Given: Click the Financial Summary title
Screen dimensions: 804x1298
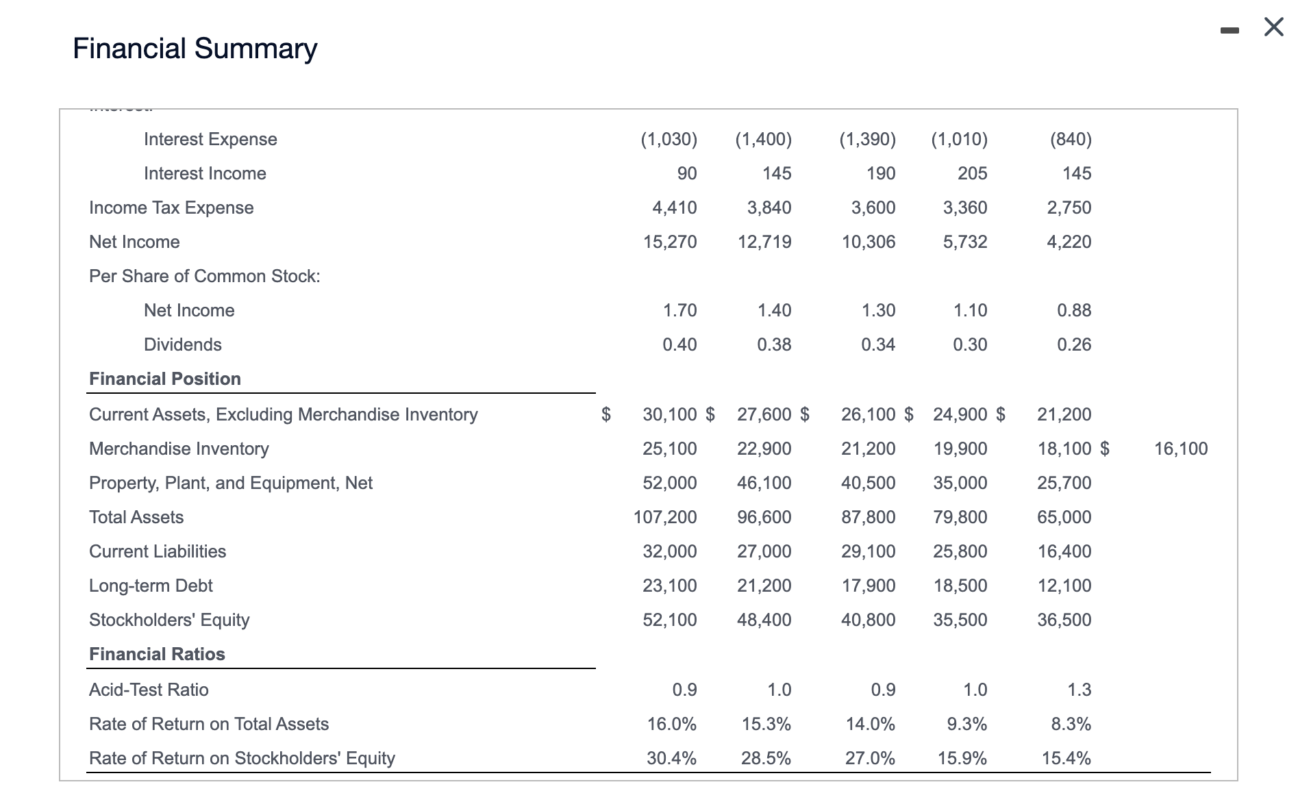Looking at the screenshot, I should pyautogui.click(x=195, y=49).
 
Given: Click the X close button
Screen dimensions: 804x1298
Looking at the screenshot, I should pyautogui.click(x=1273, y=27).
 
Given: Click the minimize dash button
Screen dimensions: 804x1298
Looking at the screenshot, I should pyautogui.click(x=1230, y=30).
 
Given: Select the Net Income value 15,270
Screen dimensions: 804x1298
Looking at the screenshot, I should pyautogui.click(x=669, y=242).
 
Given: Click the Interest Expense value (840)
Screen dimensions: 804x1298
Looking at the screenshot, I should pyautogui.click(x=1070, y=139).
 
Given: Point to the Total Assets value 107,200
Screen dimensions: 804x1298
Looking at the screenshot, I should pyautogui.click(x=664, y=517).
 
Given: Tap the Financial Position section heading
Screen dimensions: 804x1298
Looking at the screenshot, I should pyautogui.click(x=165, y=379).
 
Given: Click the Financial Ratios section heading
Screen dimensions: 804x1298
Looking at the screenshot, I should pyautogui.click(x=157, y=654).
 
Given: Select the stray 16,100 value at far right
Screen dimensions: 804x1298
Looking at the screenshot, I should pyautogui.click(x=1180, y=449).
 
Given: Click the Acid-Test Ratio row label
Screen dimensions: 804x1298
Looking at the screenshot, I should pyautogui.click(x=149, y=690).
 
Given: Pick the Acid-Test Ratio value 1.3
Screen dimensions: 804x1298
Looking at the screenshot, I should pyautogui.click(x=1079, y=690).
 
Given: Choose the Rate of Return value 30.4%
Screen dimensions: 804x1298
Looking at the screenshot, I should pyautogui.click(x=671, y=758).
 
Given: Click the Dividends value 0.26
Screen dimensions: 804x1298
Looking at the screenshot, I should pyautogui.click(x=1073, y=344).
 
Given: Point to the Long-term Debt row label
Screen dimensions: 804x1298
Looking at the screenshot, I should pyautogui.click(x=151, y=586).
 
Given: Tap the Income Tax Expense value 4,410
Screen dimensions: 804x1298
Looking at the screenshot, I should pyautogui.click(x=674, y=208).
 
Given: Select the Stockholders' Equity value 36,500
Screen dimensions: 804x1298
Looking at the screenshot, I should pyautogui.click(x=1064, y=620).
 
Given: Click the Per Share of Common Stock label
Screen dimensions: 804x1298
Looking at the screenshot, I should pyautogui.click(x=204, y=276).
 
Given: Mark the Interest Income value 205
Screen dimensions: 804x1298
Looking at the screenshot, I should pyautogui.click(x=972, y=173).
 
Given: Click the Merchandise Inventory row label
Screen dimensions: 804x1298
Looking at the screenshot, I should pyautogui.click(x=179, y=449).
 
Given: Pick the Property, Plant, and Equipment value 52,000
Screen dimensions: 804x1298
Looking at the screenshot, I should pyautogui.click(x=669, y=483).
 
